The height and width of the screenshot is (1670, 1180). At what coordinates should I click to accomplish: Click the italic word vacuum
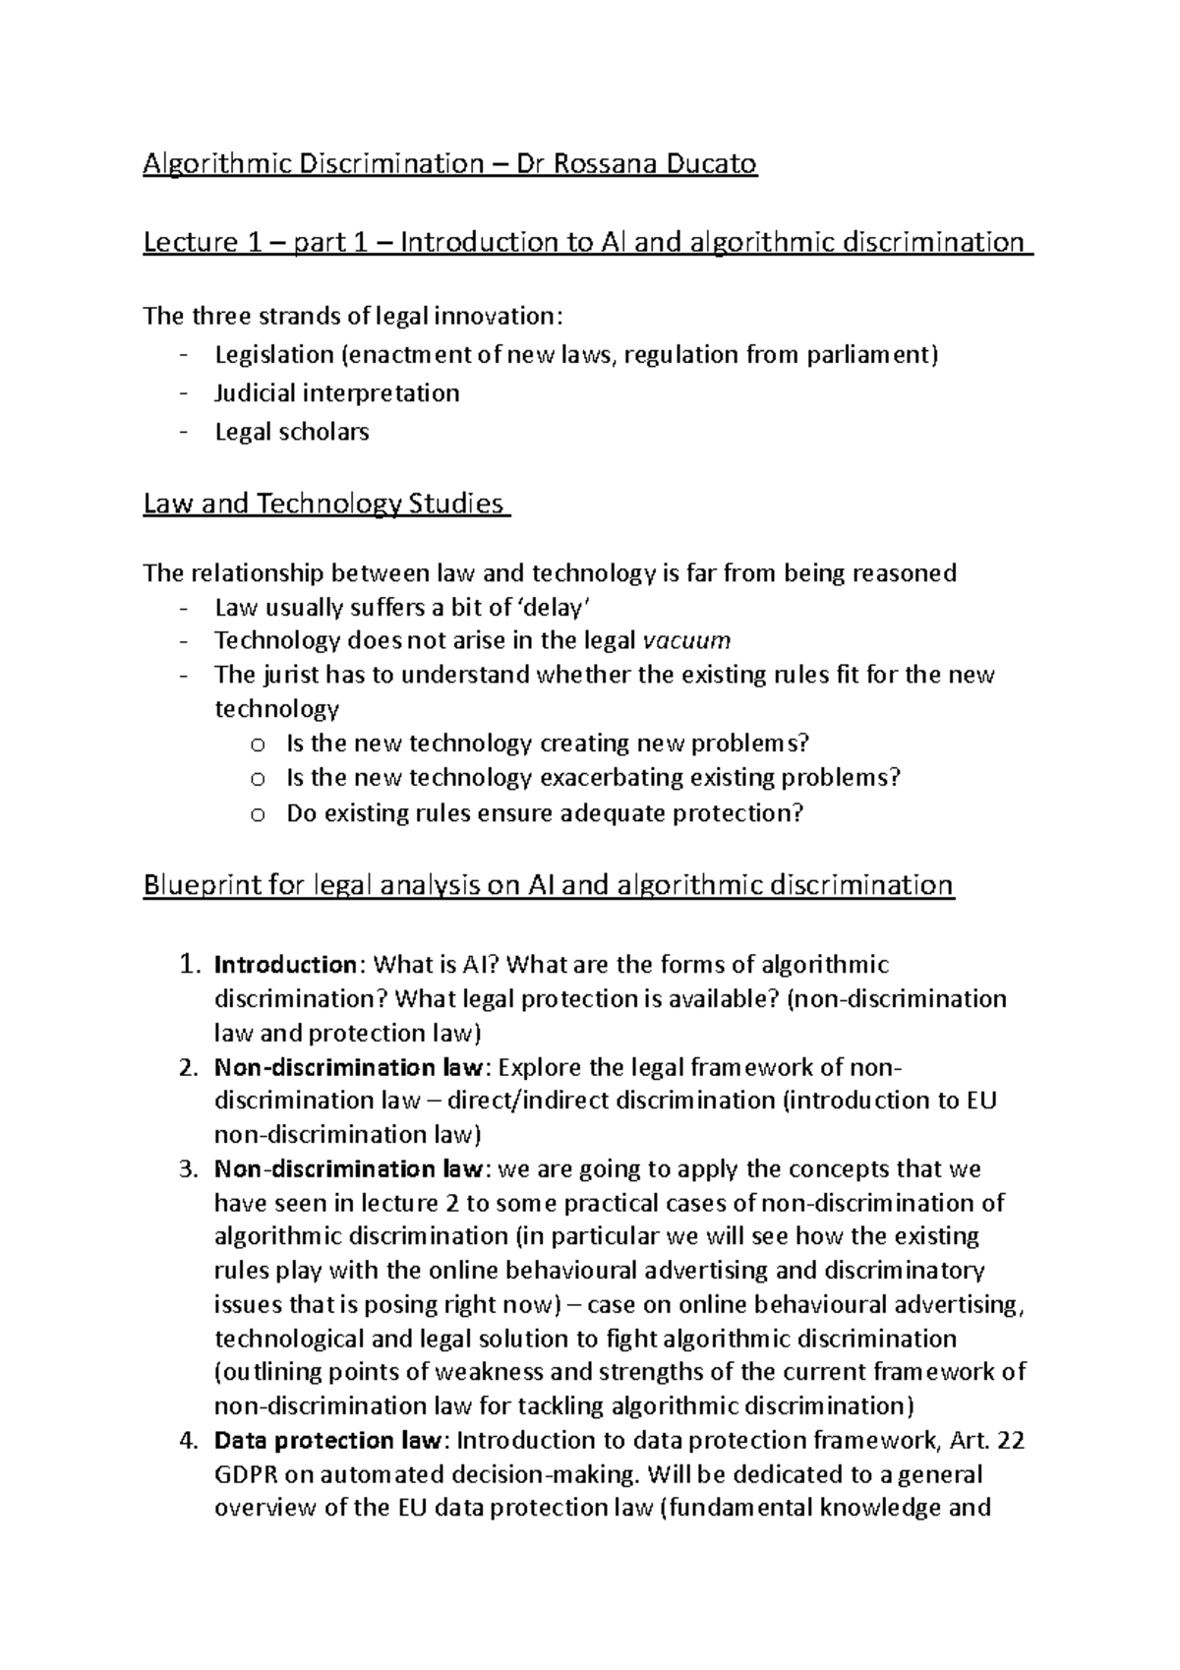point(686,641)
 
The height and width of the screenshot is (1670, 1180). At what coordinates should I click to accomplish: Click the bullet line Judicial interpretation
point(337,393)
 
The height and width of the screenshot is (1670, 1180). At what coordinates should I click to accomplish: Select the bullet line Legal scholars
point(292,432)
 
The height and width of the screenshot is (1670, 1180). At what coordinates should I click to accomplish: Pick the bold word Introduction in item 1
point(284,965)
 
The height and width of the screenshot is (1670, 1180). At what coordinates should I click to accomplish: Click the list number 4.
point(190,1441)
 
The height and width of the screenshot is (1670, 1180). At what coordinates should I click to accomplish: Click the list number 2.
point(190,1067)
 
